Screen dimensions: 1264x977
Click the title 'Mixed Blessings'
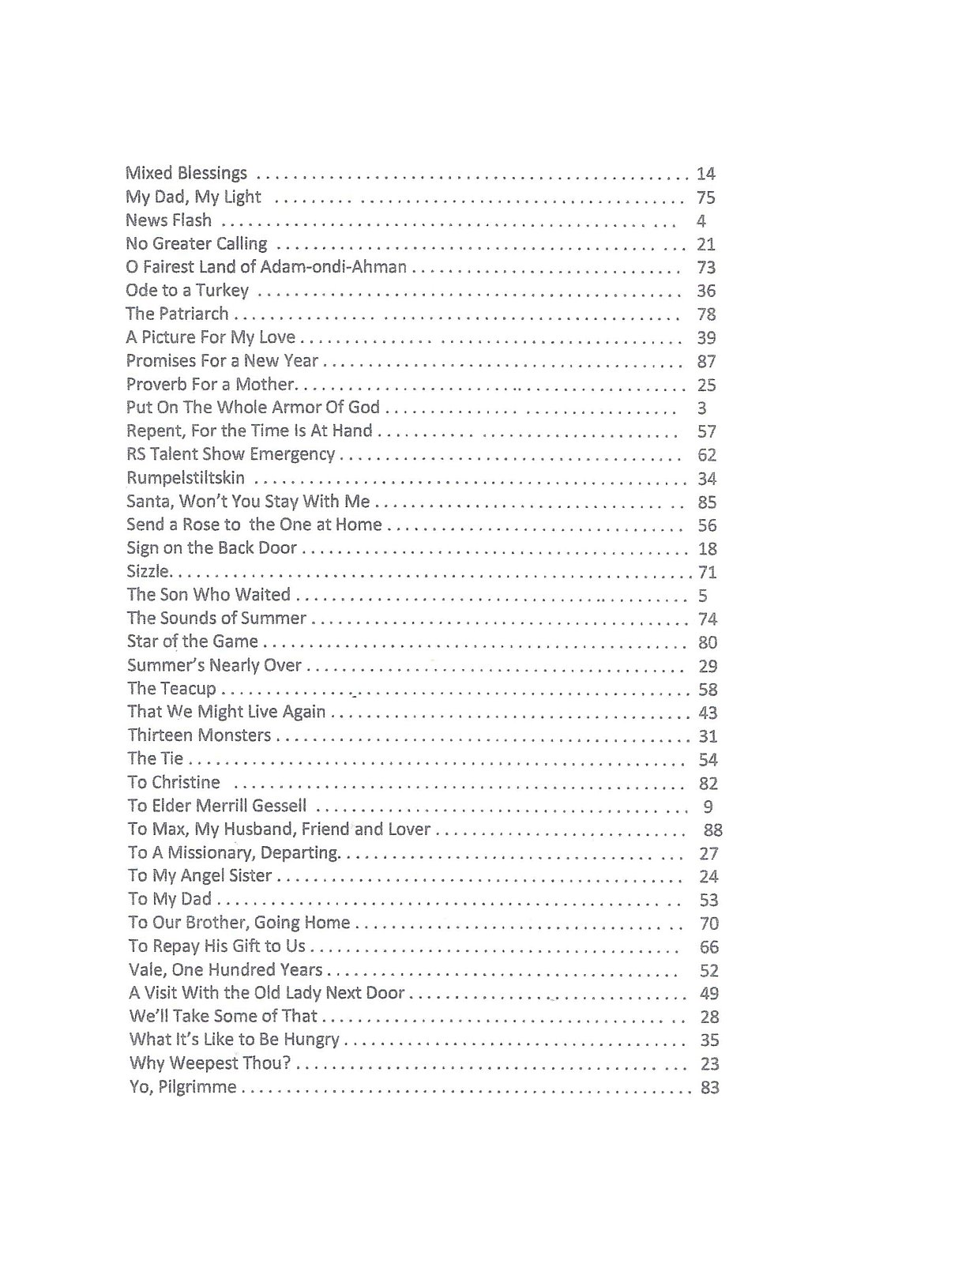tap(186, 173)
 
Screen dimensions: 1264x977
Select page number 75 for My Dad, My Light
tap(705, 197)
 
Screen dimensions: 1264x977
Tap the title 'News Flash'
tap(168, 220)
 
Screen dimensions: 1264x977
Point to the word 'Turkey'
tap(223, 291)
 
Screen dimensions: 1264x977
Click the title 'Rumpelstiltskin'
tap(186, 478)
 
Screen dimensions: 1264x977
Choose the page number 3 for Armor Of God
tap(702, 408)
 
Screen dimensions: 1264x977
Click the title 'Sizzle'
tap(147, 571)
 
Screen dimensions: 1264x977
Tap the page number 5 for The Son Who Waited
tap(702, 596)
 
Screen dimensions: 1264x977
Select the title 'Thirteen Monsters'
tap(199, 735)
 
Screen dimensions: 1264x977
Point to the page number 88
tap(712, 829)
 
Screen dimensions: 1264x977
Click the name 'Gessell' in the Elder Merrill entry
tap(279, 807)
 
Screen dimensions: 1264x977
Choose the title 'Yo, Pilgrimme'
tap(183, 1087)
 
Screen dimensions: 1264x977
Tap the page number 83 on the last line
tap(709, 1088)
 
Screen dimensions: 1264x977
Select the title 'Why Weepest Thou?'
tap(210, 1063)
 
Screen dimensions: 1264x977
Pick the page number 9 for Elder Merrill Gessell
tap(708, 807)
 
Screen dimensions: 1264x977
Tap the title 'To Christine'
tap(174, 782)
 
